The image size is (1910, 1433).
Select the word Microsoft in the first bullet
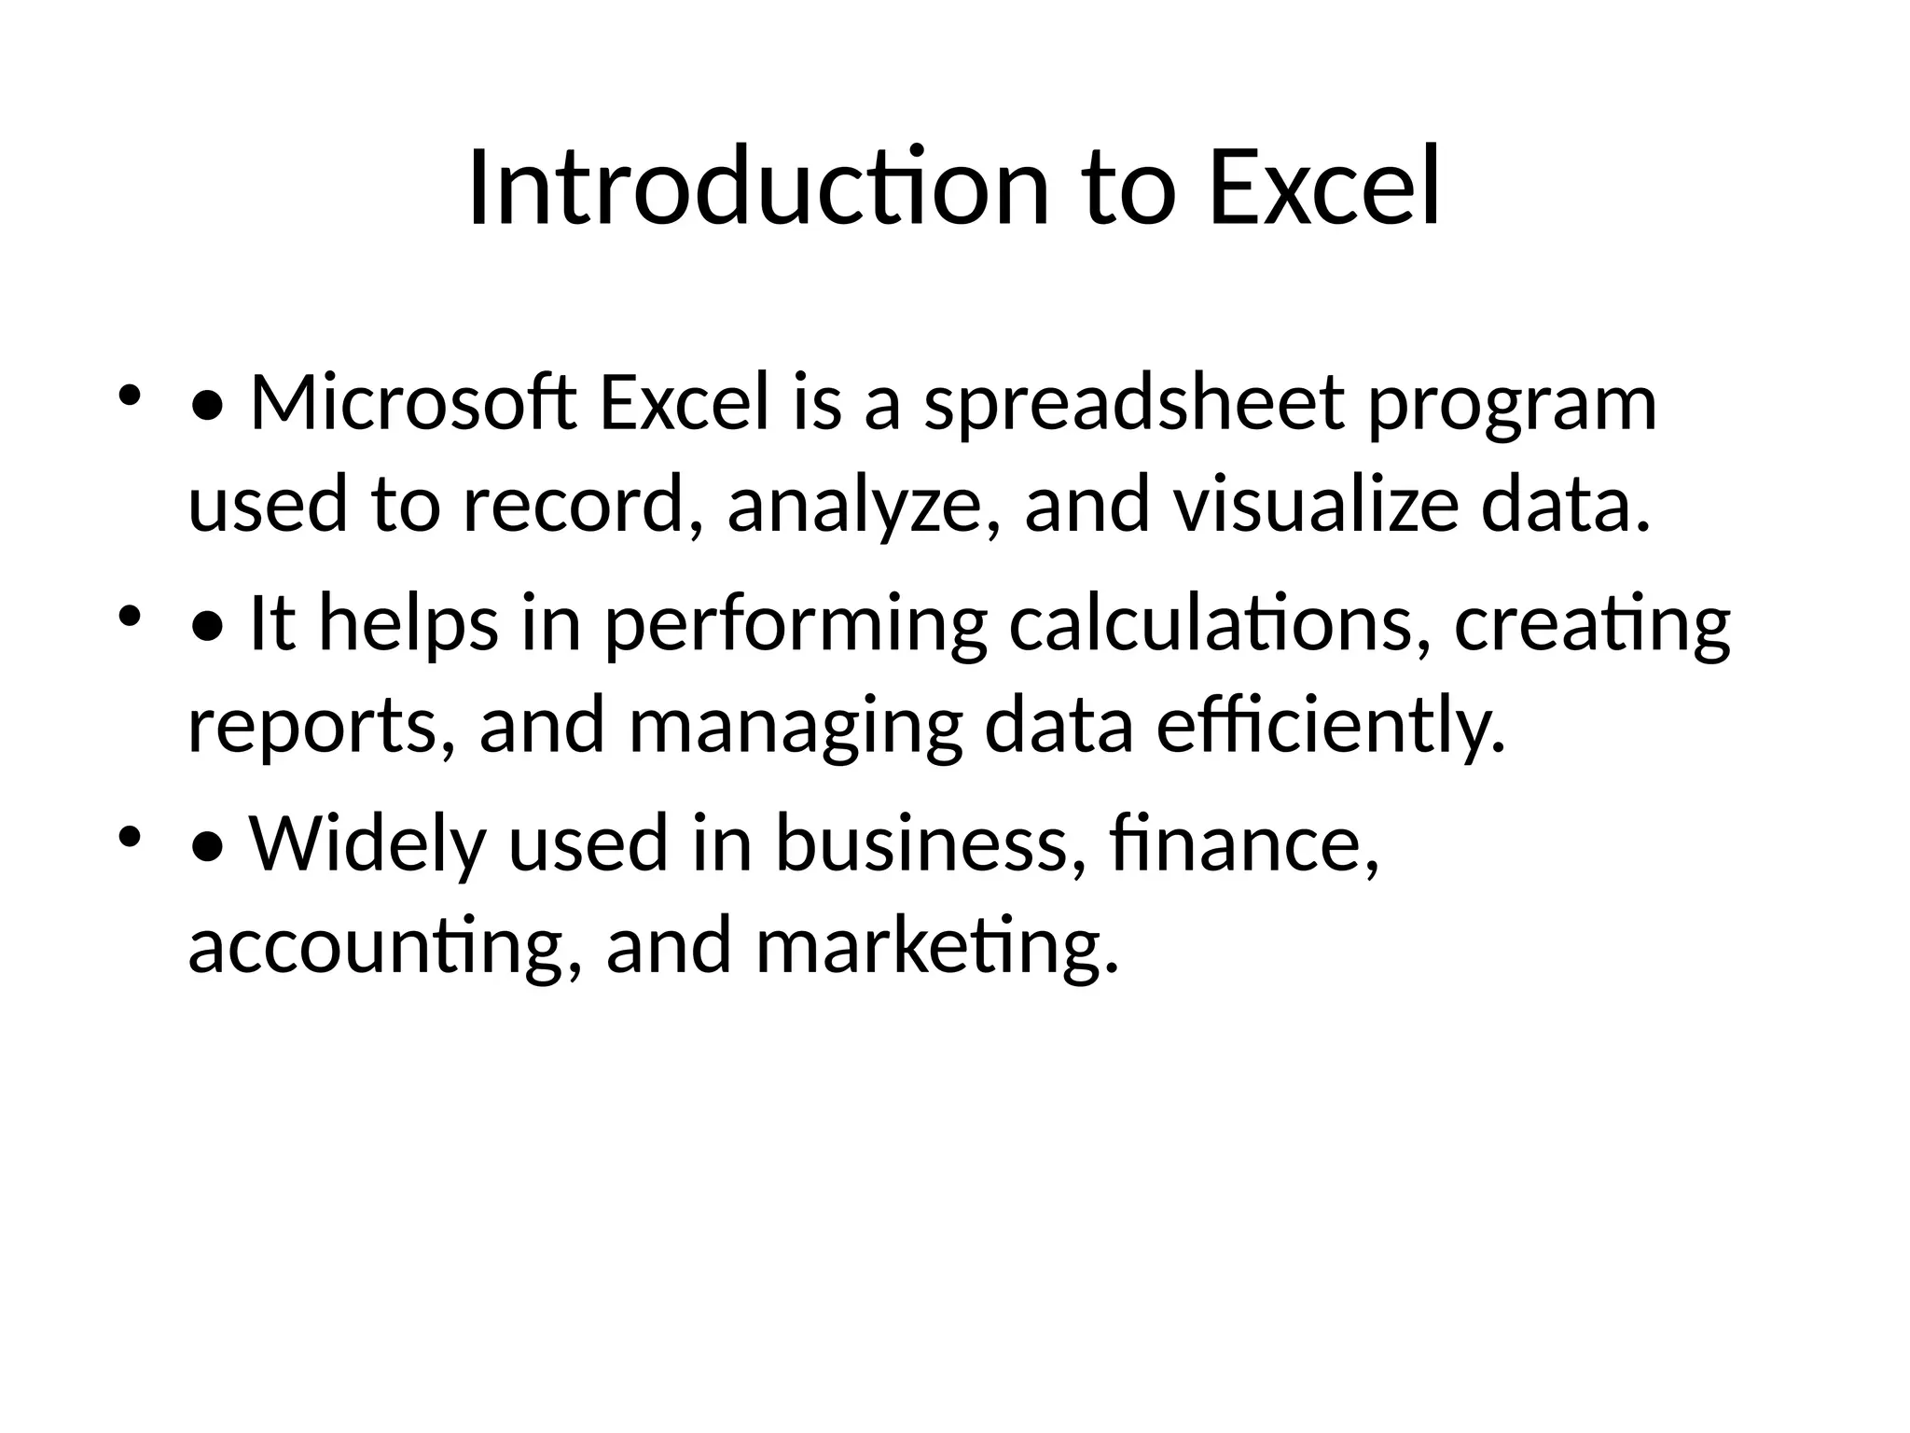tap(413, 403)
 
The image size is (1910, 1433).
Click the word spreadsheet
tap(1134, 403)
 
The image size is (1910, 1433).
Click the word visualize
tap(1316, 504)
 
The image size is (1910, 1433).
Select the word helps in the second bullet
tap(408, 625)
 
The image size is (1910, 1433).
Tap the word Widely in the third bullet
tap(368, 843)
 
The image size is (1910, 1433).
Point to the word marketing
tap(936, 946)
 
